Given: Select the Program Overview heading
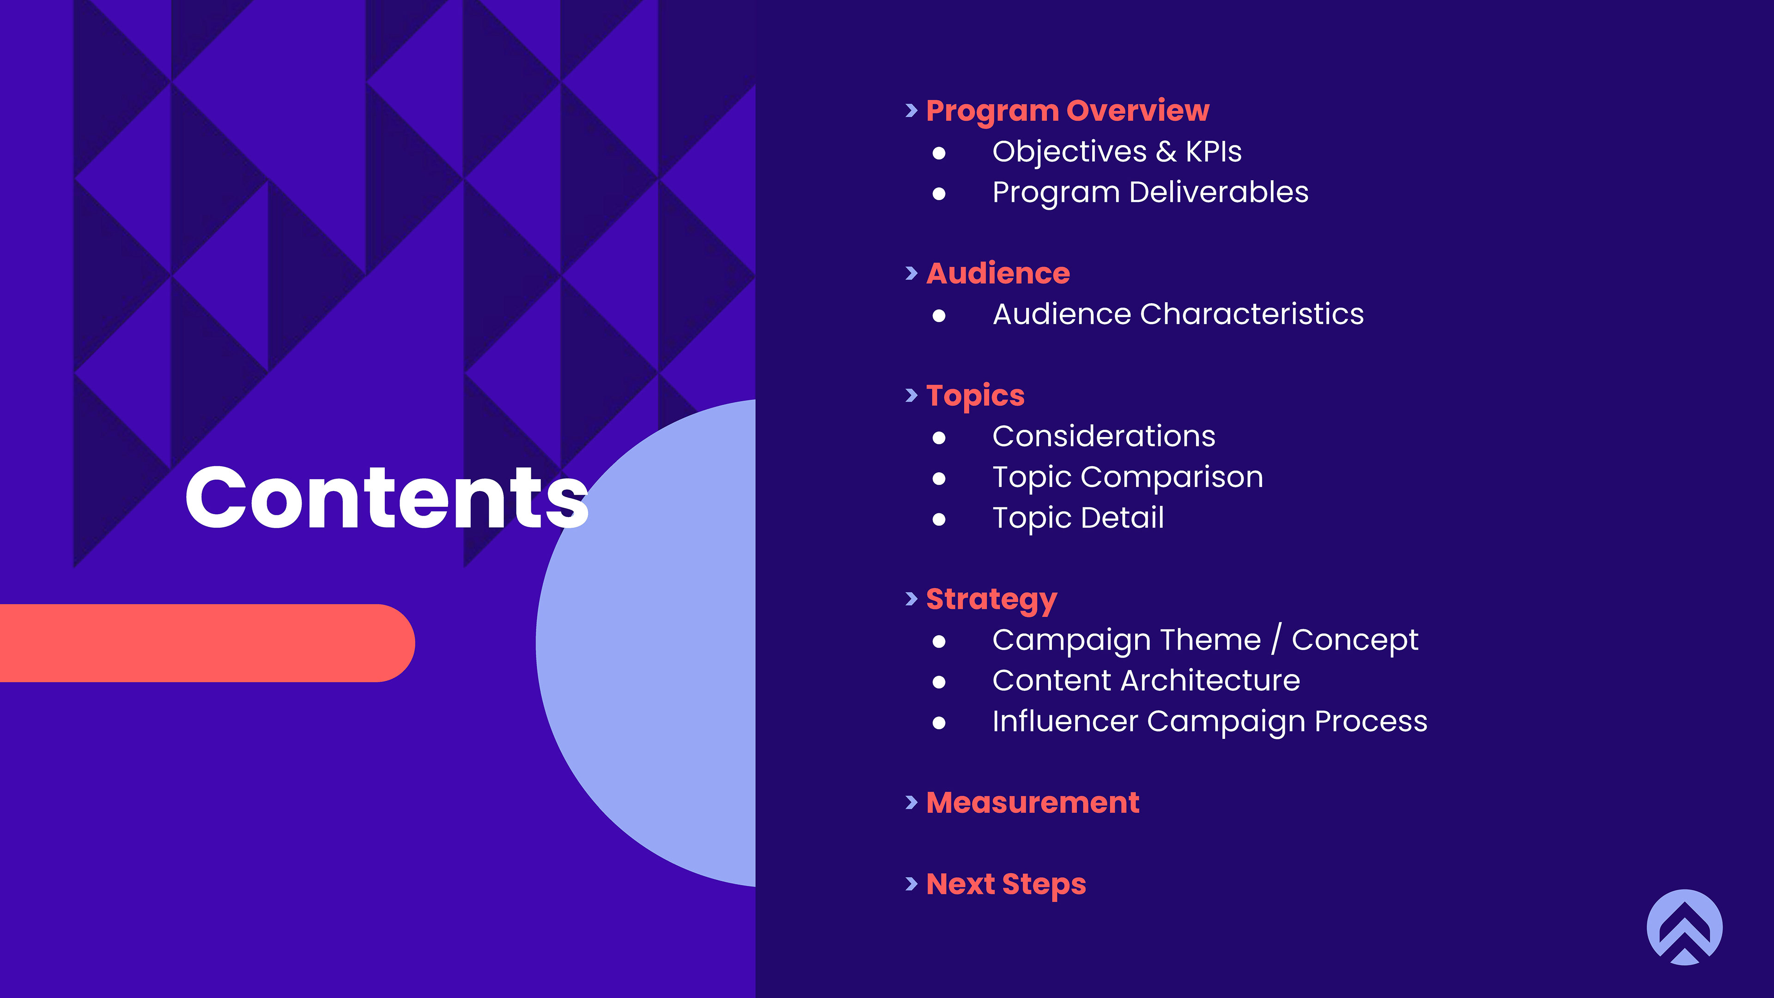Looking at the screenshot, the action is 1068,111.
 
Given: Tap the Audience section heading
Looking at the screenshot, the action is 998,274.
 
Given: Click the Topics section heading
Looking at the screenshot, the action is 975,396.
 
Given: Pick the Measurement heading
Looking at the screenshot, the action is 1033,803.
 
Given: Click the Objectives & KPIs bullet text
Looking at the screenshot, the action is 1116,152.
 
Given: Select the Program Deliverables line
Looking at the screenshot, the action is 1150,192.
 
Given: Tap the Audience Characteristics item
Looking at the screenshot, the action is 1178,314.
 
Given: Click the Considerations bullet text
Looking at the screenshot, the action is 1103,436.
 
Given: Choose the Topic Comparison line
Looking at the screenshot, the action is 1127,477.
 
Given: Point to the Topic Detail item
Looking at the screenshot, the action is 1078,518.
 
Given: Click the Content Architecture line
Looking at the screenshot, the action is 1146,681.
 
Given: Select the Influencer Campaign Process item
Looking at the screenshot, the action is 1209,722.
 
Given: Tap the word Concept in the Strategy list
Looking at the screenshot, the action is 1355,640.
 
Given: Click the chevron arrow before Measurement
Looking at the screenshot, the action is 912,803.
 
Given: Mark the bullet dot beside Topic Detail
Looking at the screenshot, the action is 939,519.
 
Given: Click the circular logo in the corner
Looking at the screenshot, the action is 1684,927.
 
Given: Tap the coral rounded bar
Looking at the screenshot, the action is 207,643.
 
